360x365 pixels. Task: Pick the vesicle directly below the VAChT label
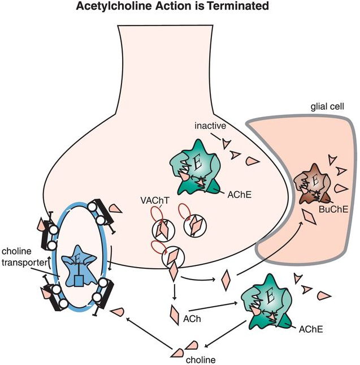pos(161,229)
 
